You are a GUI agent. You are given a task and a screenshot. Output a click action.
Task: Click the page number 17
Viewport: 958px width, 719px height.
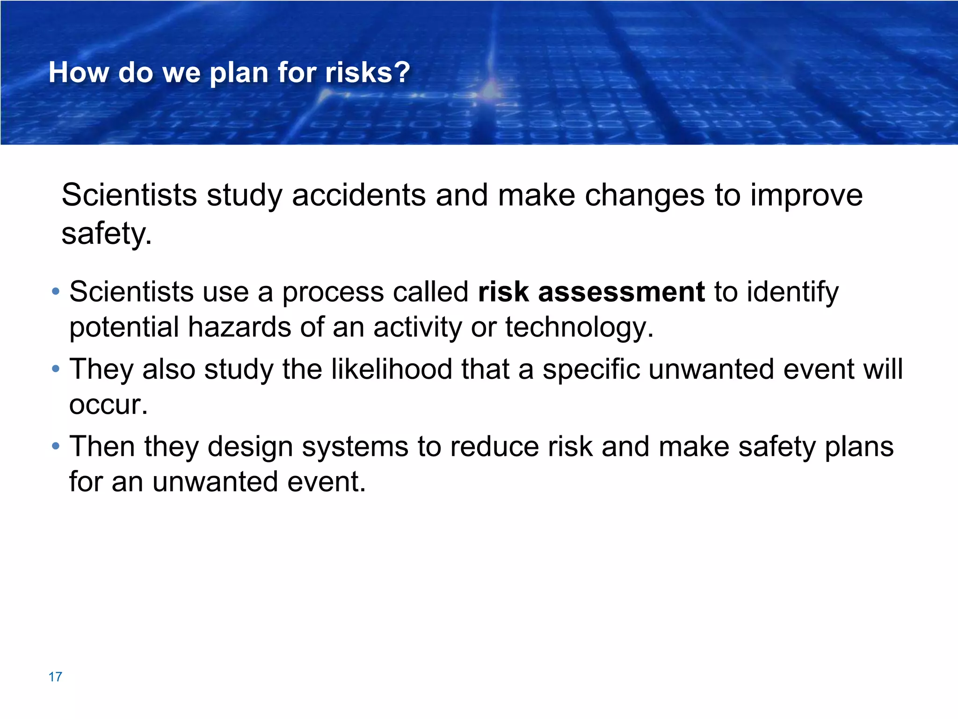[55, 677]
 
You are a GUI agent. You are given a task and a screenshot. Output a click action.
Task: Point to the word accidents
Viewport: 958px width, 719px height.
[359, 195]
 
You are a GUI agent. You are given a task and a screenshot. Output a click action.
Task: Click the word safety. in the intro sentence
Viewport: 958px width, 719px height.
[107, 234]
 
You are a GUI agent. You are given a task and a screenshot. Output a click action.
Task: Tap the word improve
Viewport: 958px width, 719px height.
[806, 196]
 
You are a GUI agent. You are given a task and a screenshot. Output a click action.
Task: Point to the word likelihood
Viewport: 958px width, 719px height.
[392, 369]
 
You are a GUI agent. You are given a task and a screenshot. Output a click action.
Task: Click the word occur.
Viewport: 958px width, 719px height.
[108, 405]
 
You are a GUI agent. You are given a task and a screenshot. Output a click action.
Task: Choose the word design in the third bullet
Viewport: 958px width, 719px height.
[250, 448]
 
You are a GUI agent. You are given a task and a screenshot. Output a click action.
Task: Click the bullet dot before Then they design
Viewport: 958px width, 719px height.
[56, 446]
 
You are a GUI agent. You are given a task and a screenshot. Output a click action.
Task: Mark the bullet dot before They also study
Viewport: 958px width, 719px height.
[56, 369]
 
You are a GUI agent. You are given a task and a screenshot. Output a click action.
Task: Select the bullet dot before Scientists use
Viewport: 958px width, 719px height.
[56, 292]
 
